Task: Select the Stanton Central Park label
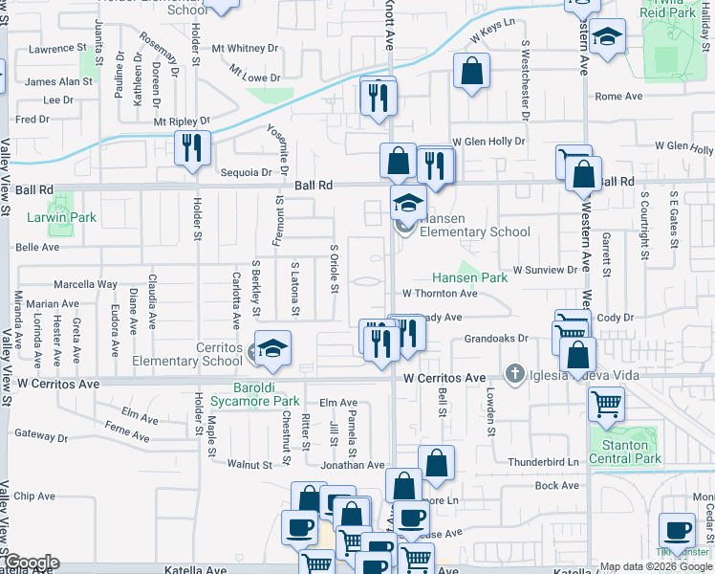(x=626, y=452)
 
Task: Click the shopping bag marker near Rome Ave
(x=472, y=71)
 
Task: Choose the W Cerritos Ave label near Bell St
(x=444, y=379)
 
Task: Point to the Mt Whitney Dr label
(x=245, y=48)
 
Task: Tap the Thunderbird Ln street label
(x=544, y=461)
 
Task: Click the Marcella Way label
(x=85, y=284)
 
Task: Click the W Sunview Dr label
(x=546, y=271)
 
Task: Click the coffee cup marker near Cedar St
(x=678, y=529)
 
